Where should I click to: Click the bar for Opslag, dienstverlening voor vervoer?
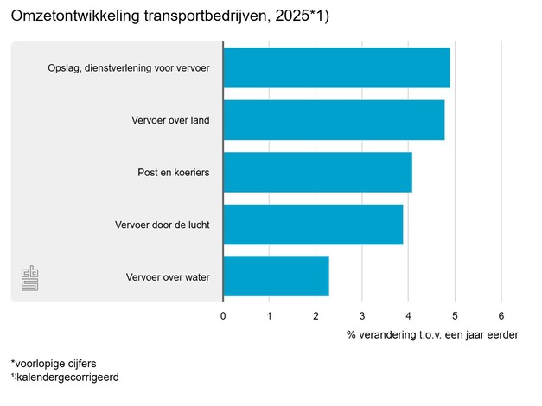(x=336, y=68)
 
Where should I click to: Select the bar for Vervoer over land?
(x=334, y=120)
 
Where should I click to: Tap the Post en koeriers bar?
(x=317, y=173)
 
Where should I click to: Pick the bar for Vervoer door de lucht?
(x=313, y=225)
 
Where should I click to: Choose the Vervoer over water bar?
(x=276, y=276)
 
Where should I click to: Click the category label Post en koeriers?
(x=174, y=173)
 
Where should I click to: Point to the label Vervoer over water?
(x=168, y=277)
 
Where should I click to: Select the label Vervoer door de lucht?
(x=163, y=225)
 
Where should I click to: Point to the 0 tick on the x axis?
(x=223, y=315)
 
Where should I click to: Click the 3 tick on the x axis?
(x=362, y=315)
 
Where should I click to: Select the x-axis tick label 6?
(x=501, y=315)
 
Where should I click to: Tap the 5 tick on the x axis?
(x=455, y=315)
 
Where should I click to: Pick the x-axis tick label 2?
(x=316, y=315)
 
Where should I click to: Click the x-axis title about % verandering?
(x=432, y=334)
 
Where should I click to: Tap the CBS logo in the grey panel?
(x=30, y=279)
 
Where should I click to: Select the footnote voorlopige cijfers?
(x=54, y=364)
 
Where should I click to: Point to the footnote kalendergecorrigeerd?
(x=65, y=377)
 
